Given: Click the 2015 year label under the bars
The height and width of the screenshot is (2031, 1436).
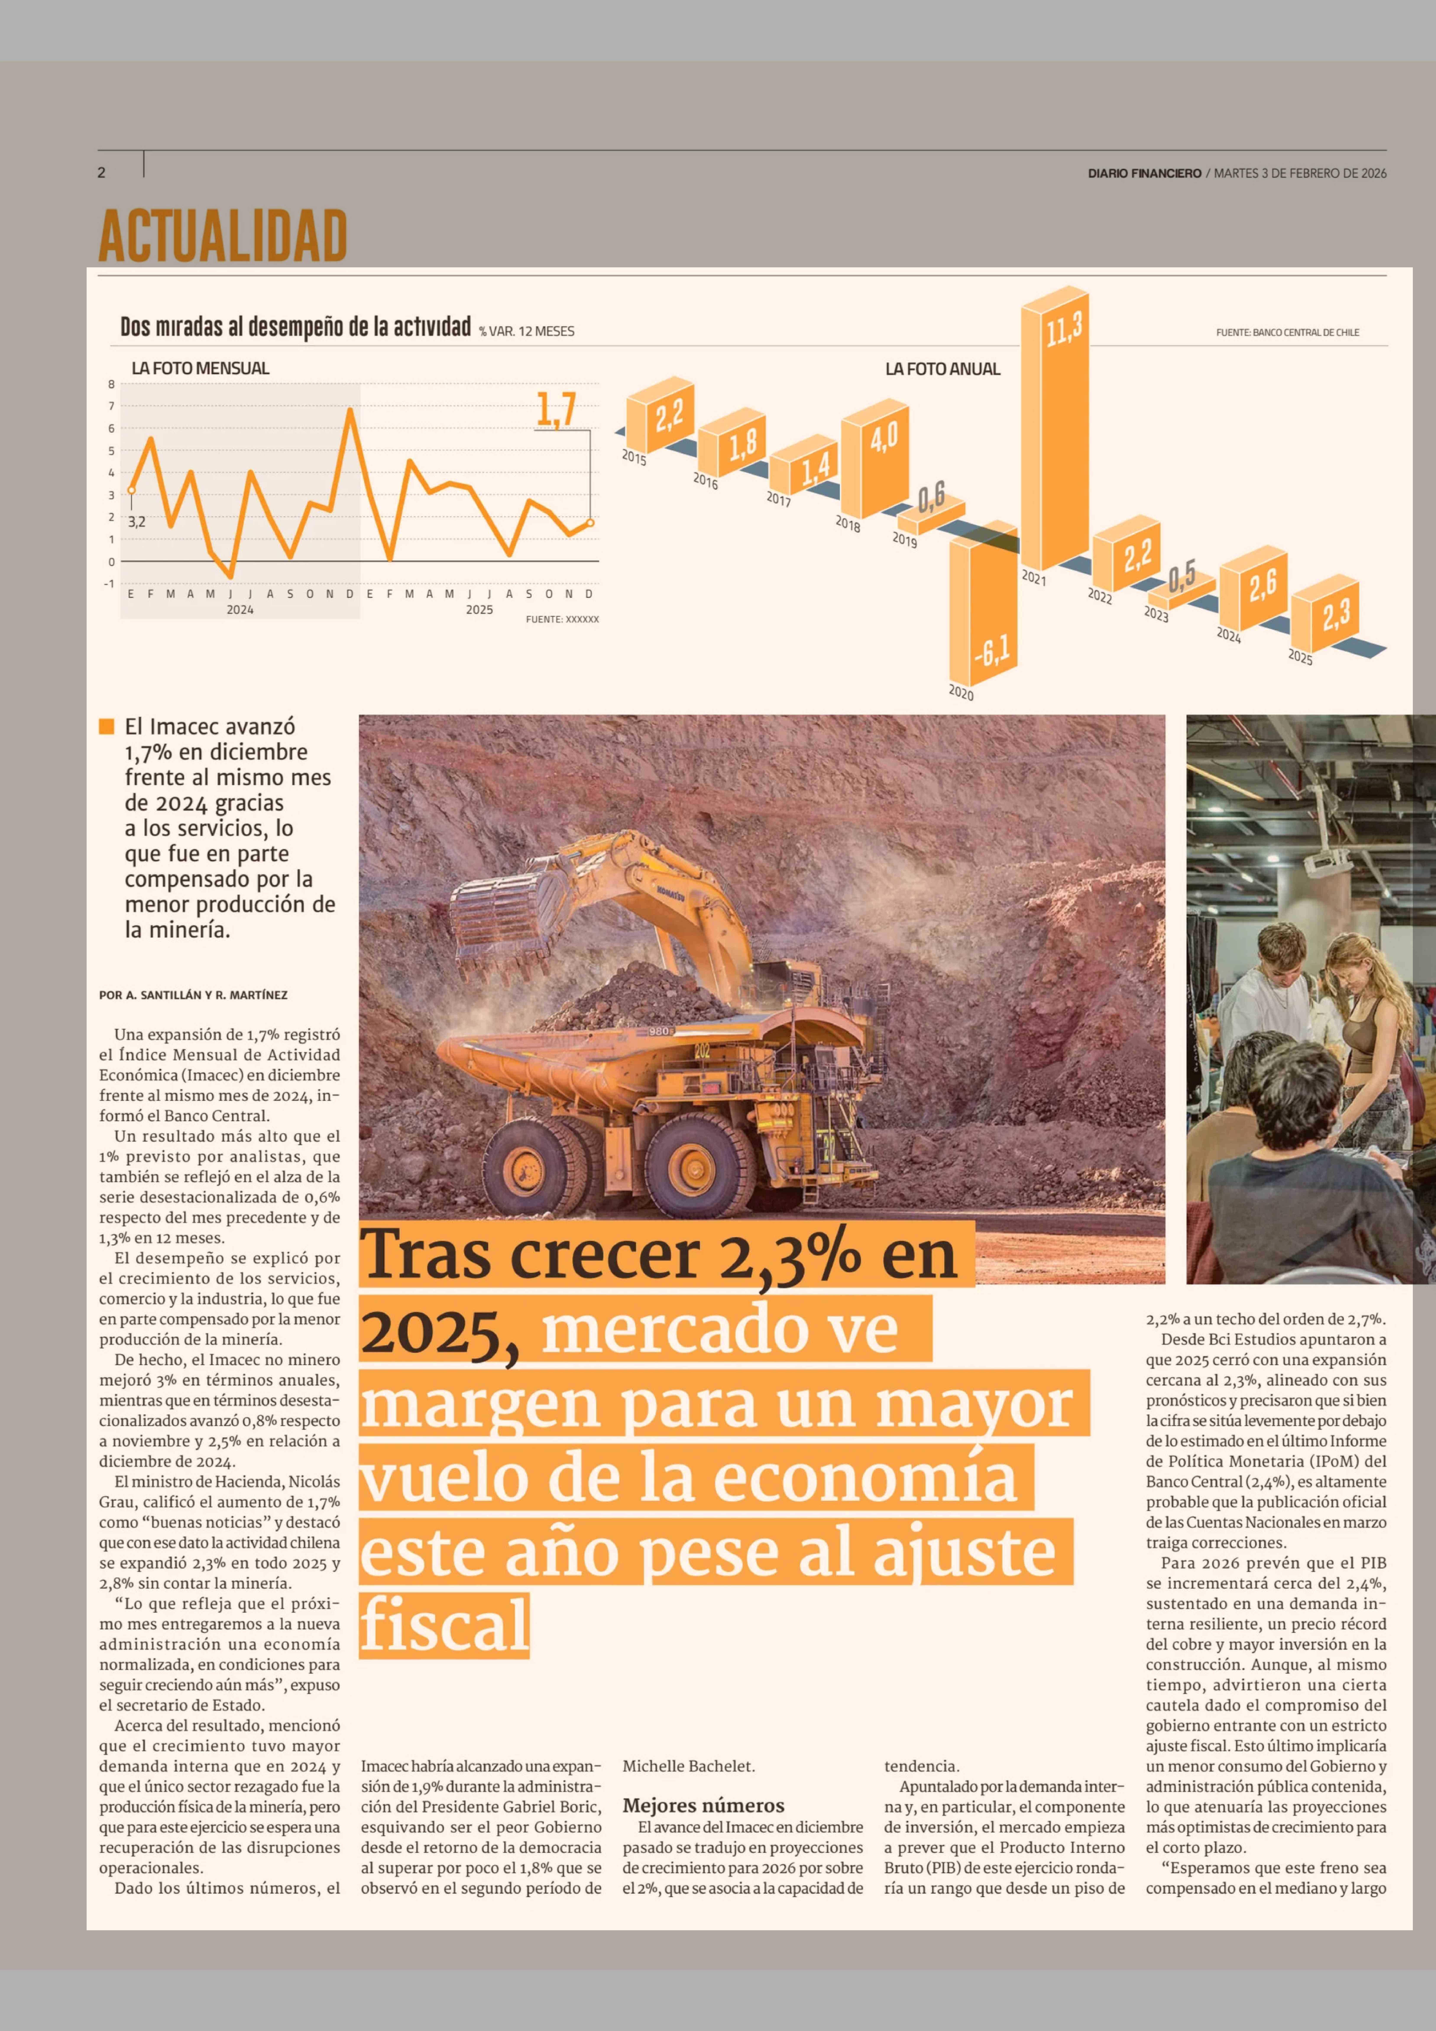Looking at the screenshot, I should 634,457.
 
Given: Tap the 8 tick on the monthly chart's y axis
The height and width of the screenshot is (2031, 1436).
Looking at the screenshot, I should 111,384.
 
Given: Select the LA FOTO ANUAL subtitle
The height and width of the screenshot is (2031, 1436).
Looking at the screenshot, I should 943,369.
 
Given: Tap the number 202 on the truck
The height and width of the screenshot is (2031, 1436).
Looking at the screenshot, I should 702,1051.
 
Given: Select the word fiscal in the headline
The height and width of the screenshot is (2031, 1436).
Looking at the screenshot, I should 445,1626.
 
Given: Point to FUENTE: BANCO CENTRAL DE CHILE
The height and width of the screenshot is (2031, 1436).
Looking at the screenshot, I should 1287,333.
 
